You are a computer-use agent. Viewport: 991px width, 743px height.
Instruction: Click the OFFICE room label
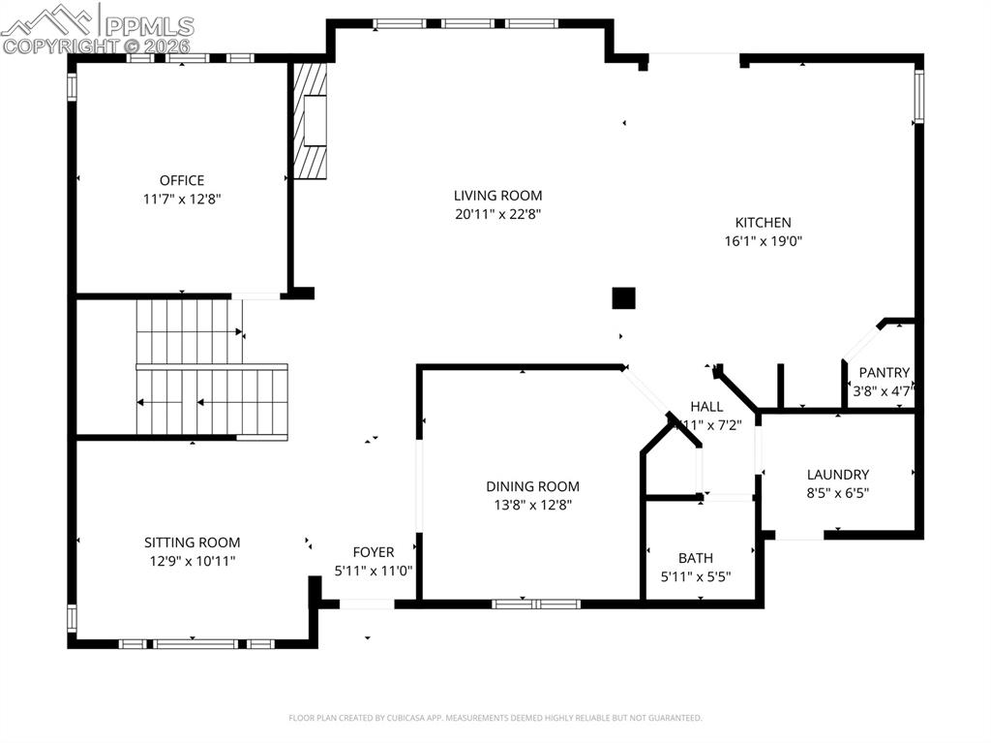point(182,180)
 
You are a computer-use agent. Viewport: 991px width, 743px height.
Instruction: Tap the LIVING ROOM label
point(497,196)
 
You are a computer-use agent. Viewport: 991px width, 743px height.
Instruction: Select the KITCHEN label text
point(763,223)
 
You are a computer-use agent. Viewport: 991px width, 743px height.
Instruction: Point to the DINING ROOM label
point(532,486)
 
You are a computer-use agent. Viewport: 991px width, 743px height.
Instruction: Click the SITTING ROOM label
point(192,542)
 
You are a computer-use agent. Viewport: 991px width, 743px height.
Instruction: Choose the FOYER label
point(373,552)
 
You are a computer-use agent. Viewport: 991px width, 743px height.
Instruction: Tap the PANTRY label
point(884,372)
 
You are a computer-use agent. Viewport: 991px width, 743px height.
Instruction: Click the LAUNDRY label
point(838,475)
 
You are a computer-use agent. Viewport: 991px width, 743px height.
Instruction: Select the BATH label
point(695,558)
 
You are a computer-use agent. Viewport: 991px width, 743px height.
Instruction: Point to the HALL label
point(706,406)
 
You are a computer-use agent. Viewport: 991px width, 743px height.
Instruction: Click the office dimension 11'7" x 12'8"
point(182,199)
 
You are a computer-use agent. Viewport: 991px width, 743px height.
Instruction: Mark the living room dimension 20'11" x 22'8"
point(497,214)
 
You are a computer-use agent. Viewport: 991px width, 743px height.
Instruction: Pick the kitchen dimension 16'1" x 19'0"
point(763,241)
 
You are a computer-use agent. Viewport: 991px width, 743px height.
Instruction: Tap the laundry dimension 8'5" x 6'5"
point(838,493)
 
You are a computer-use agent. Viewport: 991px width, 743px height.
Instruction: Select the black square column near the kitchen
point(623,298)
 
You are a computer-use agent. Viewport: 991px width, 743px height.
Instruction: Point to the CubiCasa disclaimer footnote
point(495,718)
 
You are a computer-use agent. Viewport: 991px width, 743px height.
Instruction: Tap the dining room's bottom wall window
point(535,604)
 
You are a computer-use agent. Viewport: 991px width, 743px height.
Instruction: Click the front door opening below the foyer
point(367,604)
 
